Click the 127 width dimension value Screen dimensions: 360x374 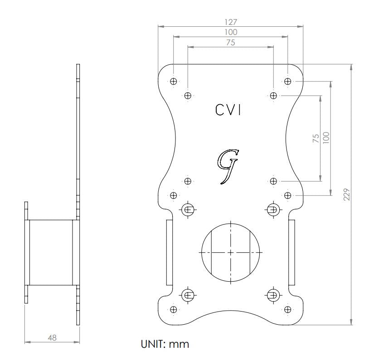(x=230, y=22)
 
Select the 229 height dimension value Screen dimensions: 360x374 (x=347, y=194)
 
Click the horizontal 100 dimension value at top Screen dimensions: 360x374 (x=230, y=32)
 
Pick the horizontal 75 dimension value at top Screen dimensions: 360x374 (x=230, y=43)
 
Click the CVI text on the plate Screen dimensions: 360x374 (x=228, y=110)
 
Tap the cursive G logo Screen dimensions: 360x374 (x=227, y=165)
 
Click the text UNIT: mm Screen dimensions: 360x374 (x=165, y=344)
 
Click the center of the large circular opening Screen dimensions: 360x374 (x=230, y=251)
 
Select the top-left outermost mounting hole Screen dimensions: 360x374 (x=173, y=82)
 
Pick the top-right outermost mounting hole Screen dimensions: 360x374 (x=287, y=82)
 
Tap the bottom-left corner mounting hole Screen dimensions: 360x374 (x=173, y=309)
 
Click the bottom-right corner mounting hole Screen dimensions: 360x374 (x=287, y=309)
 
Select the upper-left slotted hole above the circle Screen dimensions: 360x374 (x=188, y=209)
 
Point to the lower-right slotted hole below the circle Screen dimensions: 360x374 (x=273, y=295)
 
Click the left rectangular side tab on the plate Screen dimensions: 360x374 (x=170, y=252)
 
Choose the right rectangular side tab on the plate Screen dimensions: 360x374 (x=291, y=252)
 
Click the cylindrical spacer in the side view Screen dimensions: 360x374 (x=51, y=252)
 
